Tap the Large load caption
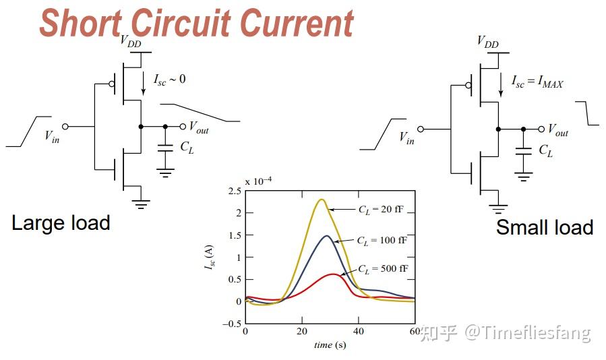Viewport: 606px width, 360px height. click(61, 222)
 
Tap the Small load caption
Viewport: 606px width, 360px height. click(545, 227)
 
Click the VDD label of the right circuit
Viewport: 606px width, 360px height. click(487, 42)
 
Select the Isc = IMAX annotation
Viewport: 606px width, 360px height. click(537, 83)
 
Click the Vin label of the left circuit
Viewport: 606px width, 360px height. click(52, 136)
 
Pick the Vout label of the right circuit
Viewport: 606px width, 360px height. click(557, 130)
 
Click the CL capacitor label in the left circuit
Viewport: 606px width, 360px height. click(186, 148)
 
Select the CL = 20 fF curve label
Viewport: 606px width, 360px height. click(382, 210)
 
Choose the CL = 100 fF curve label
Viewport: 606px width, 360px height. click(382, 240)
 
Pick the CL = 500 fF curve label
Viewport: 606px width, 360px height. click(382, 270)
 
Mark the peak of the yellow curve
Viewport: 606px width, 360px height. click(322, 200)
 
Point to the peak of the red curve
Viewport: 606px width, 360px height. click(333, 274)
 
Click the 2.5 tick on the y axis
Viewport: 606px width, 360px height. click(235, 191)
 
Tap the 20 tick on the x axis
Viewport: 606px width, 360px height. click(302, 331)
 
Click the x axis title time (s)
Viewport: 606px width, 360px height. click(330, 345)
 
